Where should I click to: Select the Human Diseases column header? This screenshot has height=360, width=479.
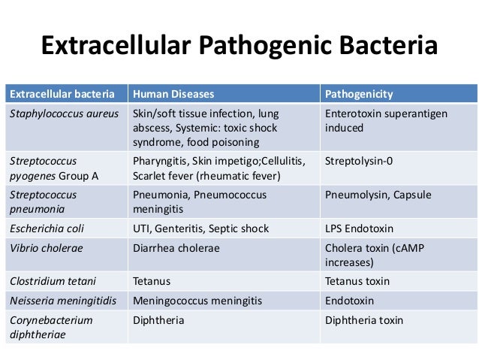click(173, 95)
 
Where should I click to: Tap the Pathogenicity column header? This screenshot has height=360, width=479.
click(359, 95)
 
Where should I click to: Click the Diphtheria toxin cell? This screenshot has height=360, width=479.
click(364, 320)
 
